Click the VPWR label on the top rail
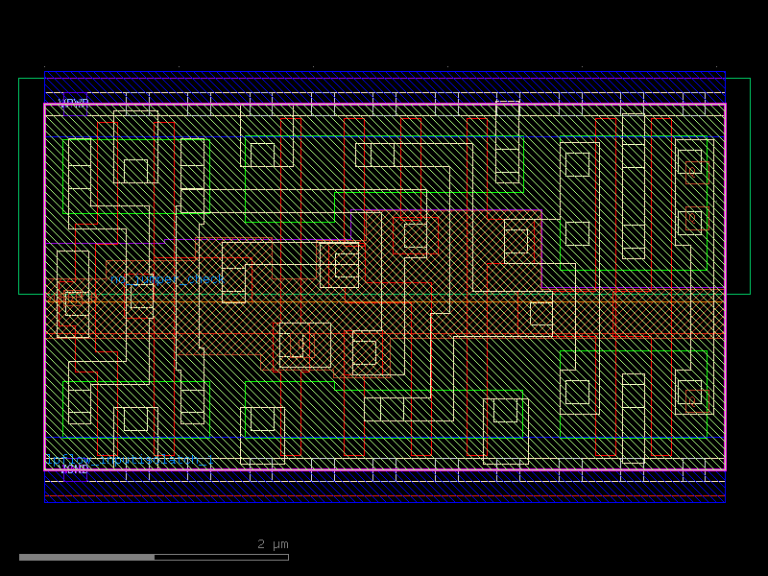click(74, 102)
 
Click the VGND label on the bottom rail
click(74, 468)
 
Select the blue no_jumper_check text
click(167, 279)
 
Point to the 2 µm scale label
click(273, 544)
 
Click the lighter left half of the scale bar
click(86, 557)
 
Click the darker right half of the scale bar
click(221, 557)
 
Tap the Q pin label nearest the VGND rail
click(689, 393)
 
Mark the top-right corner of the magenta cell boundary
click(725, 104)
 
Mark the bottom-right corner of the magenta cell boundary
click(725, 469)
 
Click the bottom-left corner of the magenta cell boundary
click(45, 469)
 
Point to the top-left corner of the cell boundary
click(45, 104)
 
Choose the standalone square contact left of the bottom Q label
click(577, 392)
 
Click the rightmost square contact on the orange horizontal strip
click(541, 313)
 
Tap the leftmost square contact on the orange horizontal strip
click(74, 300)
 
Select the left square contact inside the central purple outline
click(415, 236)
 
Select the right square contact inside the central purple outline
click(516, 241)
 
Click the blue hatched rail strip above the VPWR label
click(384, 83)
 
